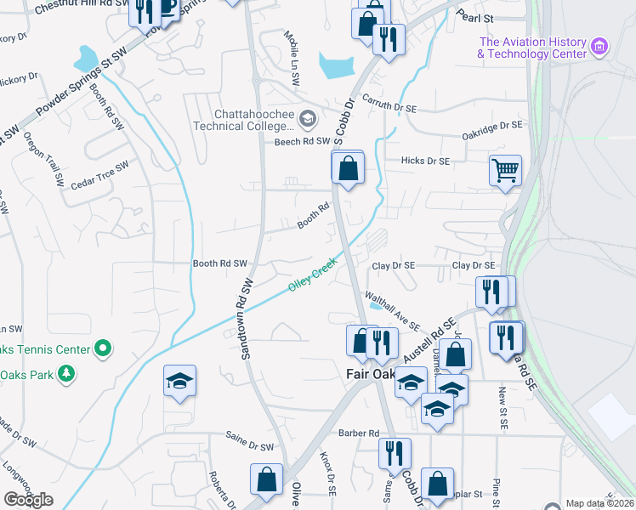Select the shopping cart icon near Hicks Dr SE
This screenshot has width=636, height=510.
pos(505,170)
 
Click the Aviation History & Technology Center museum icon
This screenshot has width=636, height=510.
pos(599,46)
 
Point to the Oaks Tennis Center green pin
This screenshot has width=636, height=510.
pos(103,348)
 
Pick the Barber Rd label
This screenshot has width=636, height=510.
pos(358,433)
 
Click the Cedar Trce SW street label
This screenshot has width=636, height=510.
pos(99,175)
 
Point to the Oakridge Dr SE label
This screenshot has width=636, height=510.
pos(491,125)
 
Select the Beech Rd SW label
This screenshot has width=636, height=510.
pos(301,142)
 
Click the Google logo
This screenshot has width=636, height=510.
pos(28,499)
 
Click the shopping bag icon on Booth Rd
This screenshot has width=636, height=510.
pos(348,168)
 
